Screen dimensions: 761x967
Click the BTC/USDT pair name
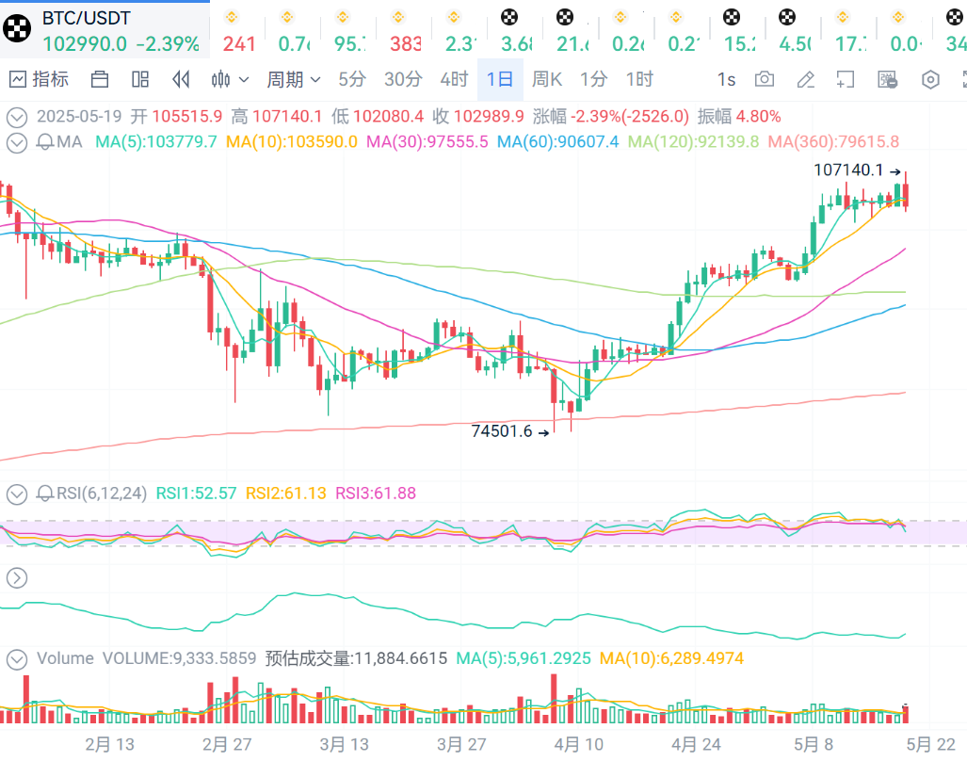click(87, 18)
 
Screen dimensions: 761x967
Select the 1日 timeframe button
click(499, 79)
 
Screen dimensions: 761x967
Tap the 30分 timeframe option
click(403, 79)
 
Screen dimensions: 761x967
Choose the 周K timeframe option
click(546, 79)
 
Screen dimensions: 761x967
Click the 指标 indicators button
click(40, 79)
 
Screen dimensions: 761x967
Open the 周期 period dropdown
click(293, 79)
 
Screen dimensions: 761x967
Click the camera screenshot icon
click(765, 79)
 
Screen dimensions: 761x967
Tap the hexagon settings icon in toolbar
click(930, 79)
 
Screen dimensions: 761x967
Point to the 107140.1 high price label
click(848, 170)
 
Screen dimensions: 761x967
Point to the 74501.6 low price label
click(502, 431)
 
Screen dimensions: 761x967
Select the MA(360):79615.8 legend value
click(833, 142)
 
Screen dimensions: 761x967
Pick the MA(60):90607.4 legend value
click(557, 142)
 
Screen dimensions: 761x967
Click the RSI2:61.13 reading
click(284, 493)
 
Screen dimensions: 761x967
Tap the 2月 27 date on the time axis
click(228, 744)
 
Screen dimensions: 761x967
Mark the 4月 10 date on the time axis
click(579, 744)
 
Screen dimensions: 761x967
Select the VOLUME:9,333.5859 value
click(179, 658)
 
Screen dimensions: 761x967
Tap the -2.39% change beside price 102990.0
click(168, 43)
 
